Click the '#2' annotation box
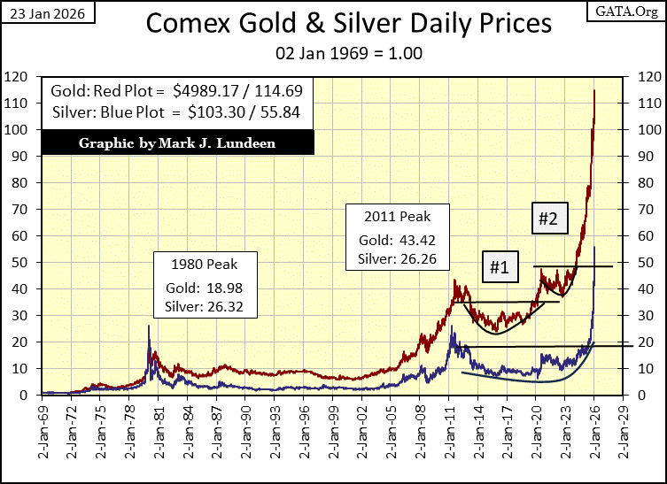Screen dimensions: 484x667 pos(549,219)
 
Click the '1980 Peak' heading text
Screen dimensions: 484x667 pos(206,264)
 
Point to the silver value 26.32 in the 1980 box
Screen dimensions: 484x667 pos(229,308)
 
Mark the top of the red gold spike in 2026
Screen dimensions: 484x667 pos(594,90)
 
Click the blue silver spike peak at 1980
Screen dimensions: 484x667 pos(149,326)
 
